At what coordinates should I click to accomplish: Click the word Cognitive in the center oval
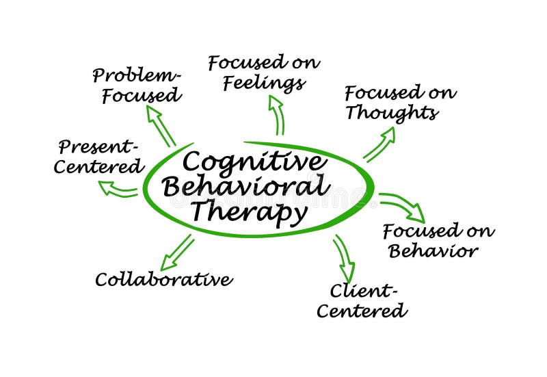(252, 163)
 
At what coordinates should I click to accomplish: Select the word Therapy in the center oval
(250, 212)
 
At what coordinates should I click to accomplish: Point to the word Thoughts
(391, 113)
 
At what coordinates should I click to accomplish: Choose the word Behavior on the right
(433, 251)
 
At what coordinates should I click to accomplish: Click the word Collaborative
(163, 279)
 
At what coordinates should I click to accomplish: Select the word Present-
(98, 146)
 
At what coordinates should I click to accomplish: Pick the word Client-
(364, 291)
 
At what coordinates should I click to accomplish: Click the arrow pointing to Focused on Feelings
(277, 114)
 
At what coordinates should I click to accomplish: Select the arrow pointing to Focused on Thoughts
(379, 144)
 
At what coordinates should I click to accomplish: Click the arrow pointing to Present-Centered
(118, 188)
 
